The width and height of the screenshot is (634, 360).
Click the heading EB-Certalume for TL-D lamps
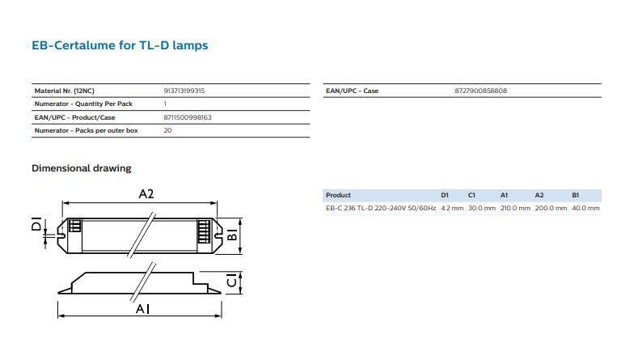[x=120, y=45]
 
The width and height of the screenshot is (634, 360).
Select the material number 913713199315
[x=184, y=91]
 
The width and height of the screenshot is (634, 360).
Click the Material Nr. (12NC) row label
[x=65, y=91]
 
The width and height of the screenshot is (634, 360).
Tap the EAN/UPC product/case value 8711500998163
[x=188, y=117]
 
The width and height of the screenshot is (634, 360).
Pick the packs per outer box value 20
[x=168, y=130]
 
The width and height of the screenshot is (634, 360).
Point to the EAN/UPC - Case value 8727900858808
[x=480, y=91]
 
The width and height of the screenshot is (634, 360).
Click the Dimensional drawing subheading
[x=81, y=168]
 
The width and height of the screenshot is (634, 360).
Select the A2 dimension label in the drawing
[x=146, y=194]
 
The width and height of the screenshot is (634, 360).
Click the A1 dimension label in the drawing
[x=142, y=309]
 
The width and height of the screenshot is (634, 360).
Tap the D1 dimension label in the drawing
[x=36, y=224]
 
